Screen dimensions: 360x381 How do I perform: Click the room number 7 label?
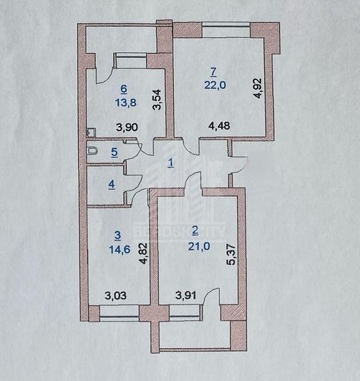[x=214, y=72]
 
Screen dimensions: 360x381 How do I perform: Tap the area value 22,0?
[x=215, y=85]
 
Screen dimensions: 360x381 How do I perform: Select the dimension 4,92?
[x=258, y=88]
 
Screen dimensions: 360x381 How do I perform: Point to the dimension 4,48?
[x=219, y=126]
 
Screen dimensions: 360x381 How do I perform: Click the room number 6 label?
[x=124, y=90]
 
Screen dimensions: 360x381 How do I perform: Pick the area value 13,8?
[x=125, y=103]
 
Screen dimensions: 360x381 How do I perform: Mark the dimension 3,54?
[x=157, y=100]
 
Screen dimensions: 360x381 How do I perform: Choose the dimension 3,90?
[x=127, y=127]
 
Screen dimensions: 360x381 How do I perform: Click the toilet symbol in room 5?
[x=92, y=151]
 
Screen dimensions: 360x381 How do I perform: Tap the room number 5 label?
[x=115, y=153]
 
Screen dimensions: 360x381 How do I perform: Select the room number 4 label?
[x=112, y=185]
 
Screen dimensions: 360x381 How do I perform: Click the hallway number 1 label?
[x=171, y=163]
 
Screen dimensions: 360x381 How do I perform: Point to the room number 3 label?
[x=117, y=236]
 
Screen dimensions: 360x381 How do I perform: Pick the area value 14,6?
[x=120, y=249]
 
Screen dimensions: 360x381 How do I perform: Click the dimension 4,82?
[x=144, y=254]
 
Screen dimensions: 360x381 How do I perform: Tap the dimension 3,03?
[x=115, y=296]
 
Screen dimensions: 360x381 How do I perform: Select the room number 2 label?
[x=195, y=231]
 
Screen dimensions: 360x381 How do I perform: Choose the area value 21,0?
[x=199, y=246]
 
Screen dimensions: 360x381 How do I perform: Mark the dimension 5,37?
[x=232, y=255]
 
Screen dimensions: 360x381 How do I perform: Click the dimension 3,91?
[x=186, y=296]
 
